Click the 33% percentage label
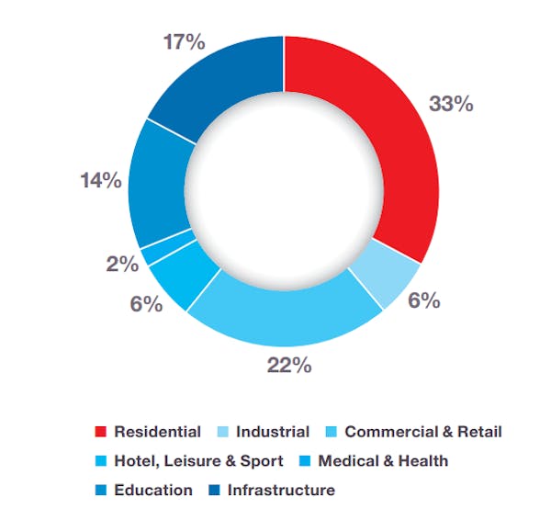click(x=450, y=104)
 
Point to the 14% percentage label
click(x=101, y=180)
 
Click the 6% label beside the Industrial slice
click(x=424, y=300)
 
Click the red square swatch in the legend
click(x=101, y=432)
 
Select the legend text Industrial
click(x=273, y=431)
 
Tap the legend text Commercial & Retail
click(x=423, y=431)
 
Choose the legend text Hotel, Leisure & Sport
click(x=198, y=460)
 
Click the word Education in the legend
click(x=153, y=490)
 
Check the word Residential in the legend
click(x=157, y=431)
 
